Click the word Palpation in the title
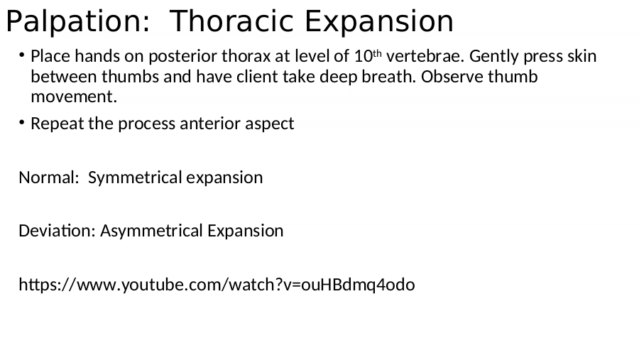[x=78, y=21]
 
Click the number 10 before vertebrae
[x=363, y=56]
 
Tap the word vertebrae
[x=425, y=56]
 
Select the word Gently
[x=494, y=57]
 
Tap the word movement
[x=74, y=97]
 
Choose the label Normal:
[x=49, y=178]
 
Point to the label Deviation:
[x=57, y=230]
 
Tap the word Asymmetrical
[x=152, y=231]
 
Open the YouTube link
[x=217, y=285]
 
